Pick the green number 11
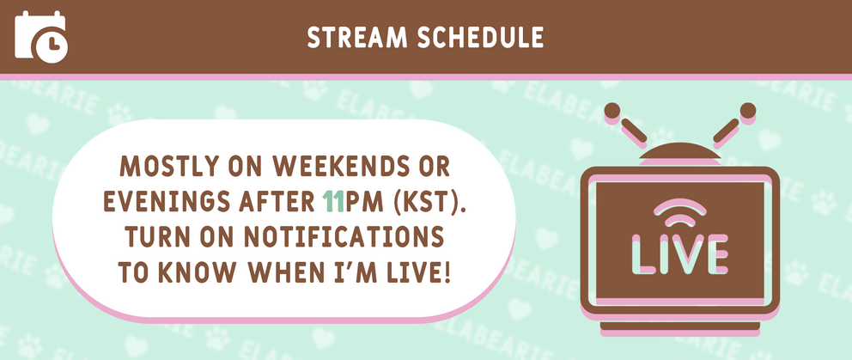click(333, 201)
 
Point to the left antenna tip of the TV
click(612, 110)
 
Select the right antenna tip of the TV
click(747, 110)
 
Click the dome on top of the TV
click(679, 155)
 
